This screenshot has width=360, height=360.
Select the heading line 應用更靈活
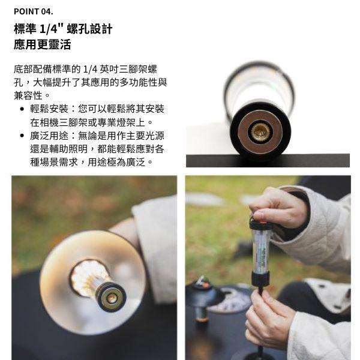pyautogui.click(x=42, y=45)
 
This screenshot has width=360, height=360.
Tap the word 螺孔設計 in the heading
pyautogui.click(x=89, y=29)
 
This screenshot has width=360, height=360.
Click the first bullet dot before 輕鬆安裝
pyautogui.click(x=22, y=109)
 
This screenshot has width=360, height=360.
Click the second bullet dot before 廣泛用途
pyautogui.click(x=22, y=136)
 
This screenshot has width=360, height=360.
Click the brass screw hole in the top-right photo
pyautogui.click(x=260, y=131)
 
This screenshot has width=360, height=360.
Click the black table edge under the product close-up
pyautogui.click(x=267, y=160)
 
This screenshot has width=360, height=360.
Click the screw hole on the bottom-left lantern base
pyautogui.click(x=112, y=297)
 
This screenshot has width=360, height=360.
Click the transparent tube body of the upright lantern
pyautogui.click(x=261, y=249)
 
